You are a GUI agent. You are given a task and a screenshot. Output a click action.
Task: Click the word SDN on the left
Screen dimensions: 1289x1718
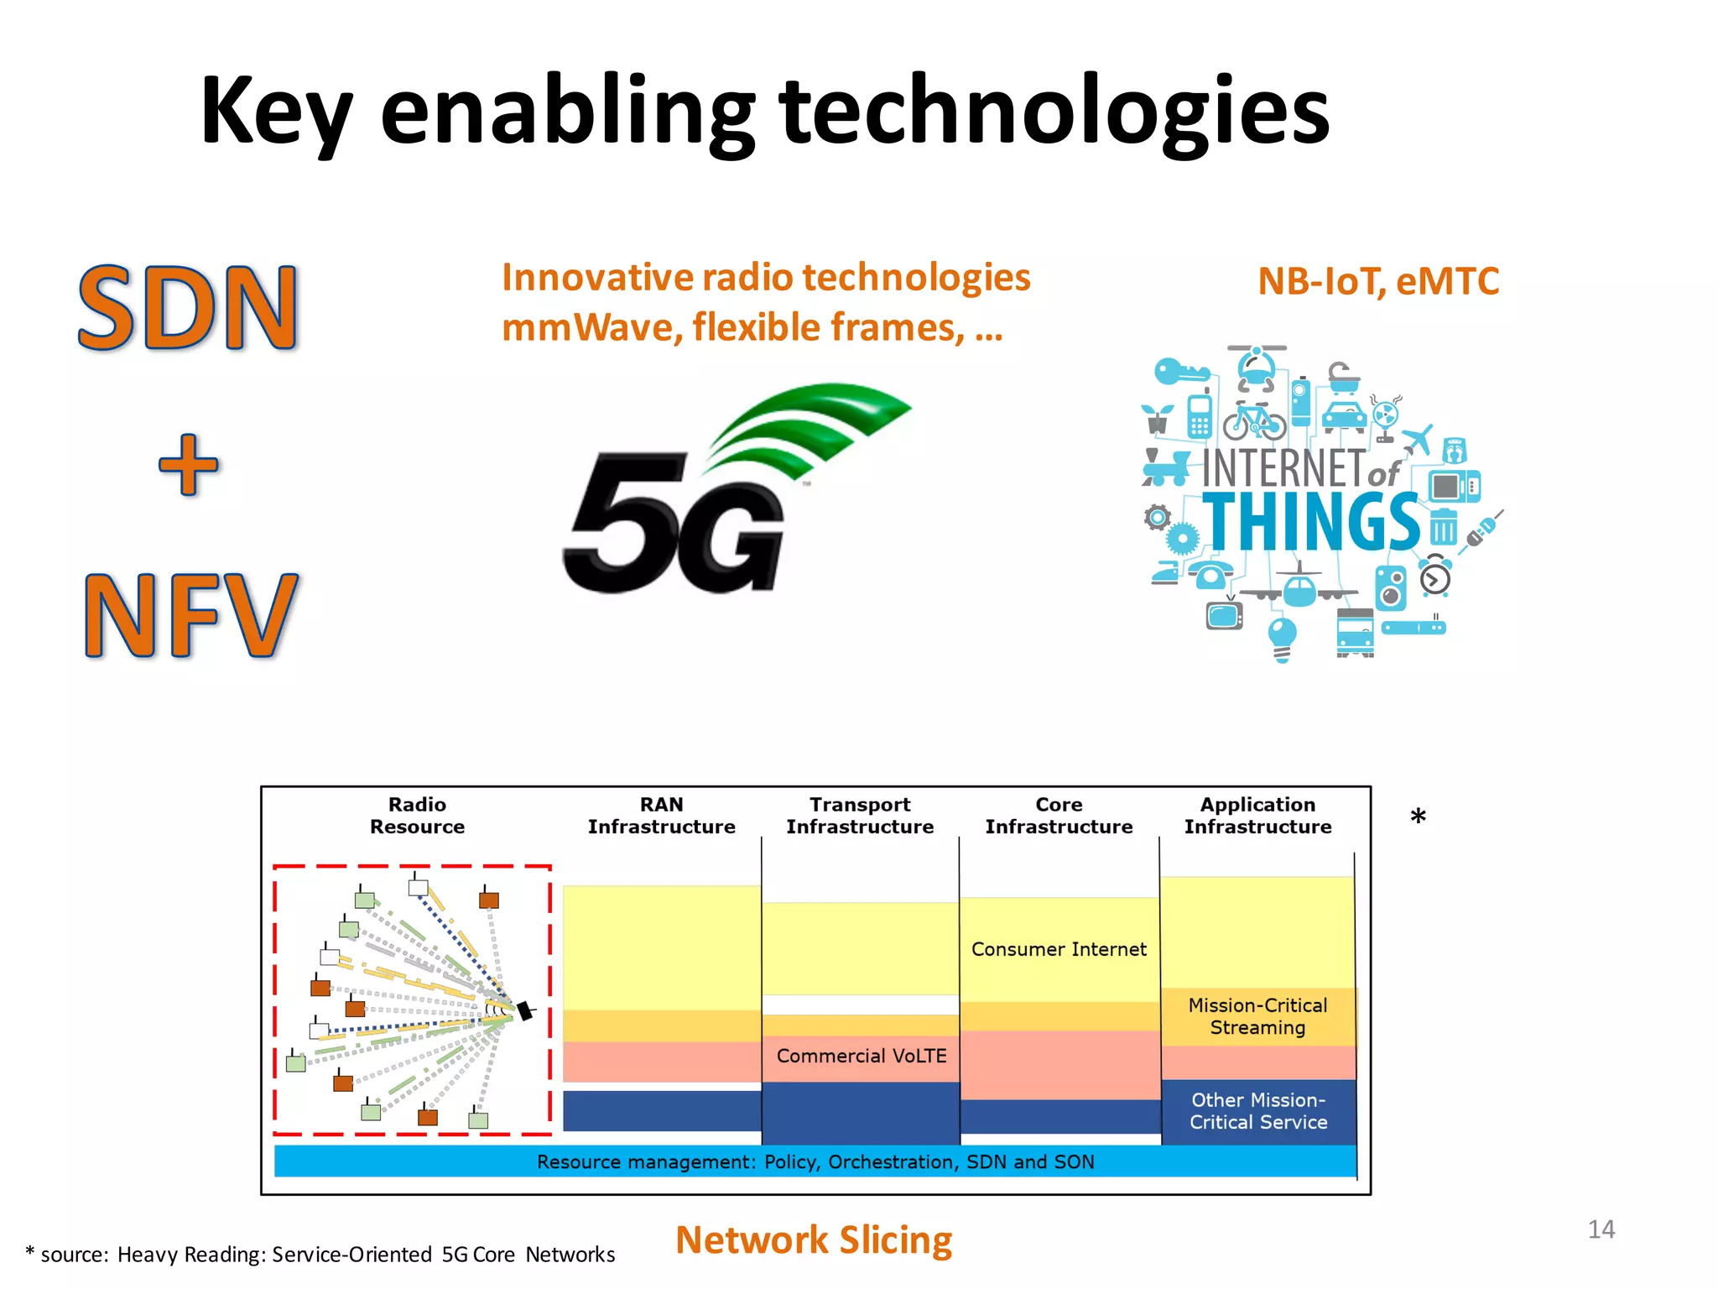188,307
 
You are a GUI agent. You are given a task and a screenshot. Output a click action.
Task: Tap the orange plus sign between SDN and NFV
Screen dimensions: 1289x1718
189,465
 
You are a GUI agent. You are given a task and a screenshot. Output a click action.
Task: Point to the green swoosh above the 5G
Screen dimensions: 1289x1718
805,428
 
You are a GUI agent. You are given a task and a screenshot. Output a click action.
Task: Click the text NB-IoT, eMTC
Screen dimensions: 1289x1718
1378,281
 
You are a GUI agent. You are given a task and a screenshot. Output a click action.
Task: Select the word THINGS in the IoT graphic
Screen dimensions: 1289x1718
1311,522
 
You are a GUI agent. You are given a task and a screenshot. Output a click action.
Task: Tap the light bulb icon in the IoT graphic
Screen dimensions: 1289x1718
1282,638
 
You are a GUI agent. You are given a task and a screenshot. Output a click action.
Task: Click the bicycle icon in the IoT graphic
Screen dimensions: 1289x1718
1254,422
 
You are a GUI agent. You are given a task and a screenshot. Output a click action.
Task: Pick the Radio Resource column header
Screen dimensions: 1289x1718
417,816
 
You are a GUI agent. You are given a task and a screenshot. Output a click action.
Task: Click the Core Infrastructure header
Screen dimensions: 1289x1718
1059,816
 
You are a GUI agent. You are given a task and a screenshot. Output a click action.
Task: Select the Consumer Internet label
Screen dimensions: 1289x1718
1059,949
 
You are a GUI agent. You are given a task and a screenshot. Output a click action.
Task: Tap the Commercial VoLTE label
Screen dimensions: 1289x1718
862,1056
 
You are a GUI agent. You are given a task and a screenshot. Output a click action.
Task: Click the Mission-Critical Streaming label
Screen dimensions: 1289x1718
1257,1016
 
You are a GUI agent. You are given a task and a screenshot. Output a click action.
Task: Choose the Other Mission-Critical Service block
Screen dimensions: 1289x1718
1258,1111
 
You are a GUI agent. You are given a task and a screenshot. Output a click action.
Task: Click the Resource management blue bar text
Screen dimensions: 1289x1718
815,1161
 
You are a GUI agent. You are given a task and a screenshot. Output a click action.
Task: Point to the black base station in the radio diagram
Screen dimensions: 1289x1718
525,1010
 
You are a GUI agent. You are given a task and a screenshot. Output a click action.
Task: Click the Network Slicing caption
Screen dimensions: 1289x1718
814,1240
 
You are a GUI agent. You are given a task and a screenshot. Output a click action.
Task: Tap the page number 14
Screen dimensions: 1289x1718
1601,1229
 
